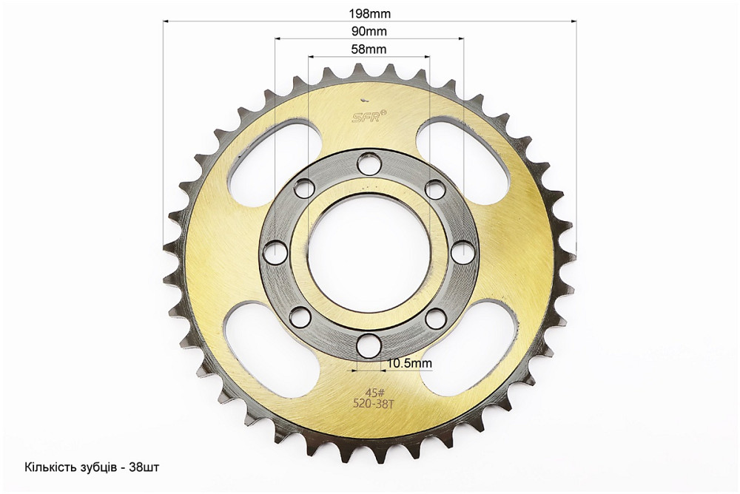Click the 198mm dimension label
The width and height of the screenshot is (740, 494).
(x=369, y=14)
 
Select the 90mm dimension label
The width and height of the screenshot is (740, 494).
(x=369, y=31)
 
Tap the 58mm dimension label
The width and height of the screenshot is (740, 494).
(x=369, y=49)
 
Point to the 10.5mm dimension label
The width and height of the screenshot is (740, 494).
(x=409, y=363)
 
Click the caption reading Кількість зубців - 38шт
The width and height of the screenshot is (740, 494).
(x=92, y=467)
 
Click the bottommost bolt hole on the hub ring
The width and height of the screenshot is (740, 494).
(x=369, y=345)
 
